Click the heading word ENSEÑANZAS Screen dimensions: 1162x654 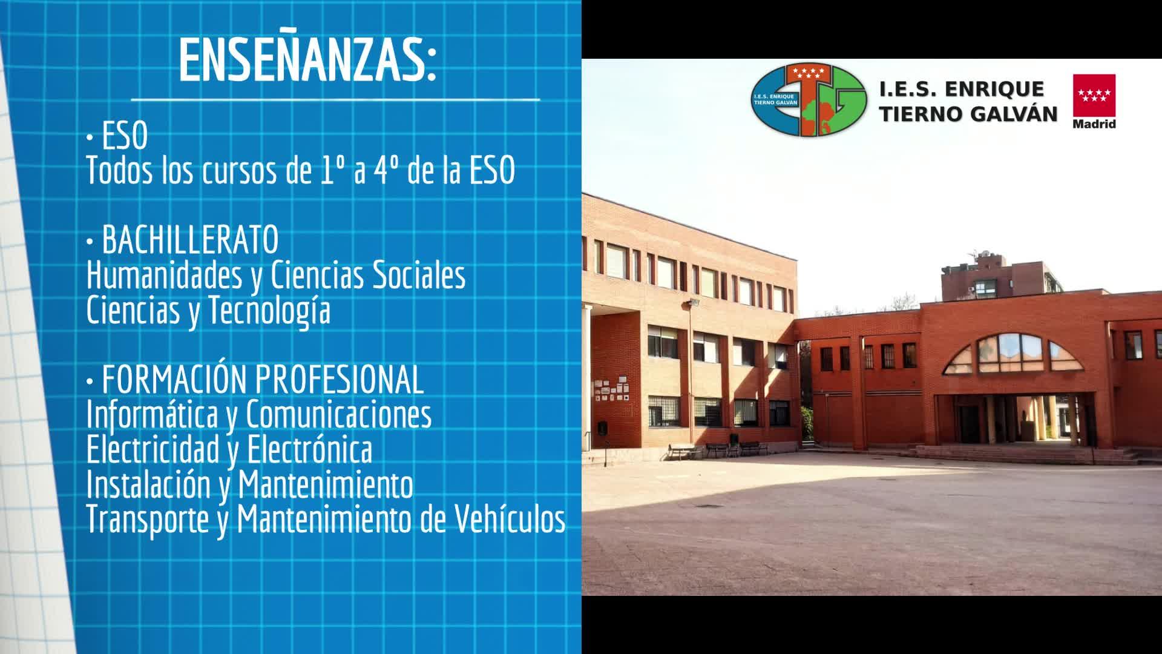307,61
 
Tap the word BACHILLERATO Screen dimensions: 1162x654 190,240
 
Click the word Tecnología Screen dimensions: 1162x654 269,311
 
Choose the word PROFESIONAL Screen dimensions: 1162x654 340,380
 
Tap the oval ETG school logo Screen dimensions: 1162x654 809,101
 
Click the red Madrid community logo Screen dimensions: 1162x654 1094,101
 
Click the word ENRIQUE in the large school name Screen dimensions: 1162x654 994,90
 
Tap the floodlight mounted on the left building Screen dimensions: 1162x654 694,302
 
